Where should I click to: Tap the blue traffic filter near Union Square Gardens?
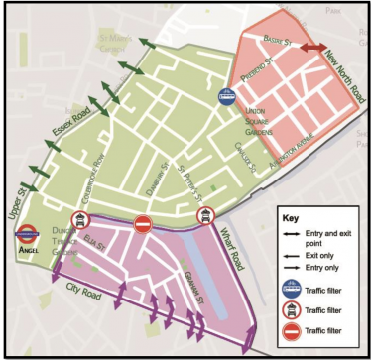coord(227,97)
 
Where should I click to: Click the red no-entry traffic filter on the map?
coord(142,225)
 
